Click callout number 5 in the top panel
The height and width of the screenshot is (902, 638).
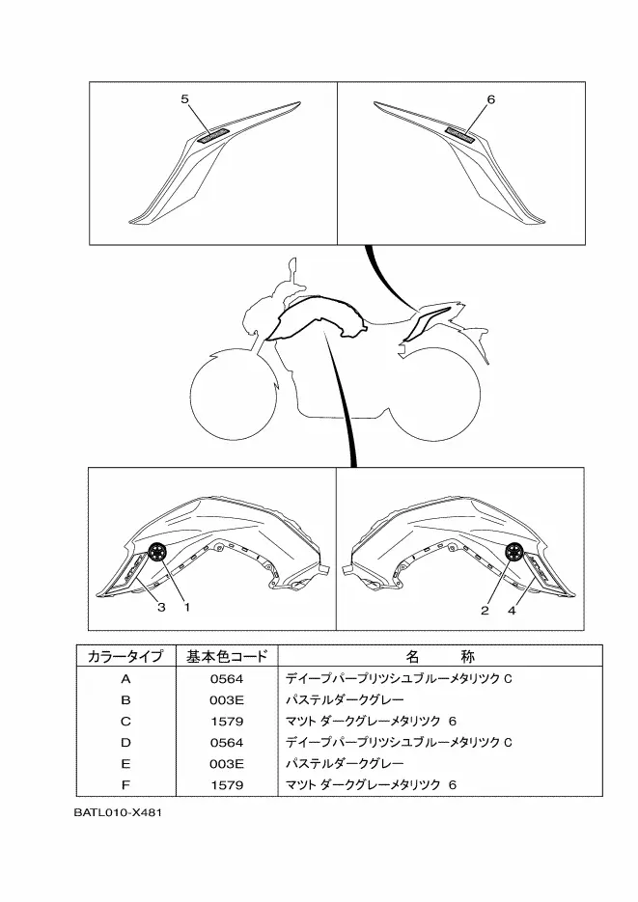[x=184, y=98]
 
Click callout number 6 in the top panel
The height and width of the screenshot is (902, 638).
[x=491, y=99]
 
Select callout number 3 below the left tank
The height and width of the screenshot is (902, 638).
[x=162, y=608]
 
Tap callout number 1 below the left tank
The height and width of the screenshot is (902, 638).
[x=185, y=608]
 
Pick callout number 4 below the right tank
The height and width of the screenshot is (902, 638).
[x=513, y=609]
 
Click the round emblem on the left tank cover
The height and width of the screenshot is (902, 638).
[x=156, y=552]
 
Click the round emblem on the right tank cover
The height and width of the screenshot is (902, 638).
[x=515, y=552]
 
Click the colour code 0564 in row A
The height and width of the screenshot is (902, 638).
[x=227, y=678]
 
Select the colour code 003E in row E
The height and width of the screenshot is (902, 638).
[x=227, y=763]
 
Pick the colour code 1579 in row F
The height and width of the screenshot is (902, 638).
[x=227, y=784]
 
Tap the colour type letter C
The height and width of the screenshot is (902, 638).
[x=125, y=721]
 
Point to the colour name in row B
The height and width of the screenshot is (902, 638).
[x=345, y=699]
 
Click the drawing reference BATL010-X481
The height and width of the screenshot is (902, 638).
[x=117, y=813]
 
